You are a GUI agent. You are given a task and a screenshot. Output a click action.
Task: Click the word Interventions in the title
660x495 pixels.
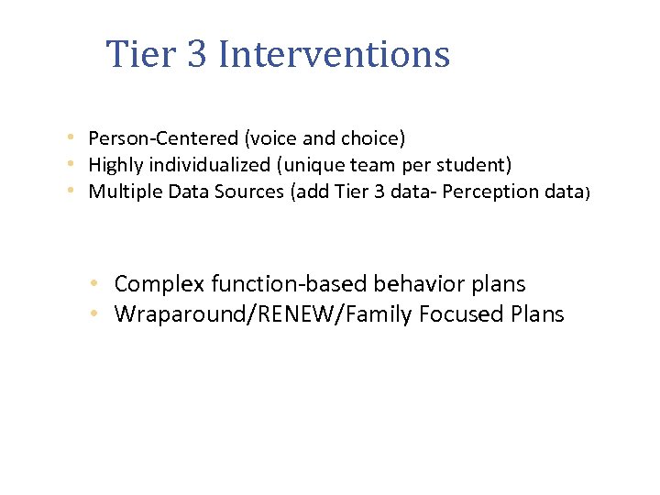(335, 54)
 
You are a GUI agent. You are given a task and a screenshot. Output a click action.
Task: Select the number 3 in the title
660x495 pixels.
(197, 54)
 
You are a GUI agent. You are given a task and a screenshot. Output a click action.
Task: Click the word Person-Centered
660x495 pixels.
(163, 138)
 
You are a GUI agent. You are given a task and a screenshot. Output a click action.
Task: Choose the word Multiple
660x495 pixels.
(120, 192)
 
